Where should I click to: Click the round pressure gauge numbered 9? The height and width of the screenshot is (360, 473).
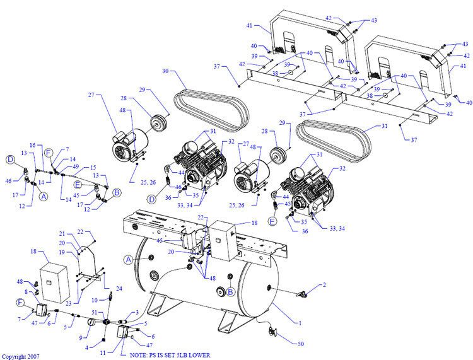90,322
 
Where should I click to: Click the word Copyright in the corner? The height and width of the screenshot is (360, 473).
14,356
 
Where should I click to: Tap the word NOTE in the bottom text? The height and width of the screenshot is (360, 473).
139,356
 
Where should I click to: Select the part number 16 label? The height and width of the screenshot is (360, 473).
32,145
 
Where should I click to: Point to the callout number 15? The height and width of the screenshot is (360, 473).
92,166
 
